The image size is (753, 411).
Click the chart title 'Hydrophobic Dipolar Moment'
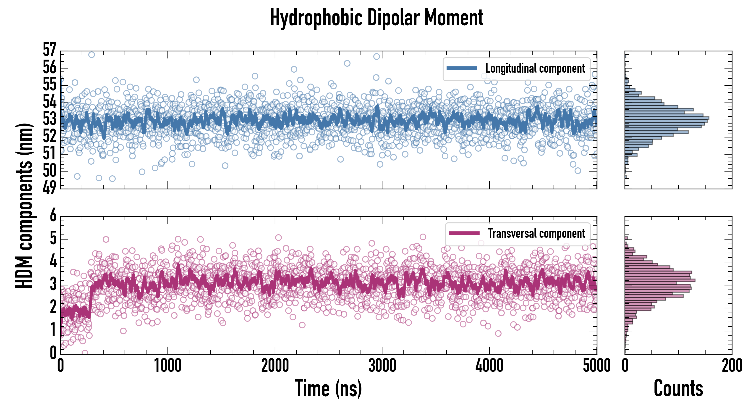[376, 18]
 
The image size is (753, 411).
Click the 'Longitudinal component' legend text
[535, 68]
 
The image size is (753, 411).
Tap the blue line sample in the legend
[462, 68]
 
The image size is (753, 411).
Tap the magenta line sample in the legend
[464, 233]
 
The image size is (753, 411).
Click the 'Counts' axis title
[678, 388]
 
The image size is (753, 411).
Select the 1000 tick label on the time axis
[167, 366]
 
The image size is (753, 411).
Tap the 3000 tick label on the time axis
[382, 366]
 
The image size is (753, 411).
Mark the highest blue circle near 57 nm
[92, 55]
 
